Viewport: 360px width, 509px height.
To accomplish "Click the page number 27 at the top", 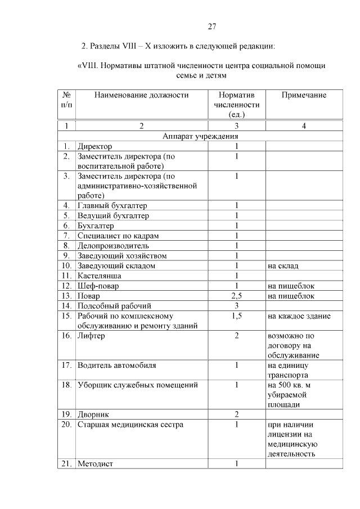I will (212, 26).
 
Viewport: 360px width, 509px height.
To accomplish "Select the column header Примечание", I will (304, 95).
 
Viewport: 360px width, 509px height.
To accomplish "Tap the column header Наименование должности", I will (141, 95).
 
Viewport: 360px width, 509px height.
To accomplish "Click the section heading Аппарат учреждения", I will (200, 136).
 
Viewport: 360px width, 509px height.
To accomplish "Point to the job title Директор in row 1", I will (95, 146).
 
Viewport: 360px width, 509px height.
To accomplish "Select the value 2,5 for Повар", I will (236, 296).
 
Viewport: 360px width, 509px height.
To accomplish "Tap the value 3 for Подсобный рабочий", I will (237, 306).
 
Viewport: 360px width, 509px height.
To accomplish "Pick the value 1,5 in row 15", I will (237, 316).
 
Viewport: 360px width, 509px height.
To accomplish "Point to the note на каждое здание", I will (299, 316).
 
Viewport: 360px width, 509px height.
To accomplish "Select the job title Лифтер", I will (92, 336).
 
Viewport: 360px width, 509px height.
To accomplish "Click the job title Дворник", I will (94, 414).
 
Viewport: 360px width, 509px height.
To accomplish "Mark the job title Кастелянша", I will (100, 276).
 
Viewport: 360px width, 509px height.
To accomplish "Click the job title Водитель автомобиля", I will (117, 365).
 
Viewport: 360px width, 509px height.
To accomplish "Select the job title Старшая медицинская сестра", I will (130, 425).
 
